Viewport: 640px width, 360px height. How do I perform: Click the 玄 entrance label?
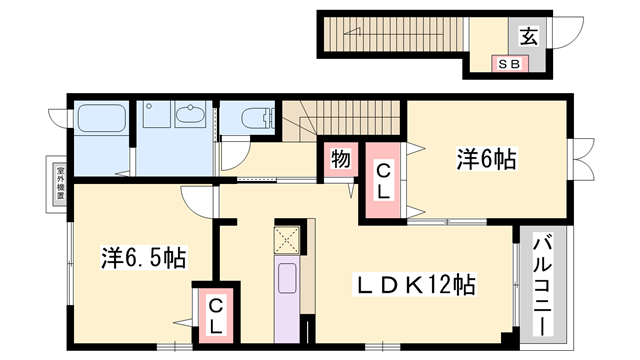point(529,39)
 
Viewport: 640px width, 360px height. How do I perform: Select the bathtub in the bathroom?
point(97,123)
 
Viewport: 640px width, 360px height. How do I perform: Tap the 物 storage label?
point(340,158)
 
